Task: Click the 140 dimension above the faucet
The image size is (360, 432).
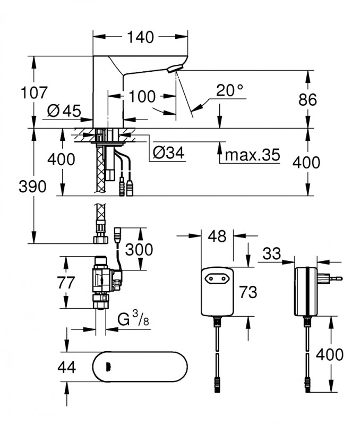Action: pyautogui.click(x=141, y=38)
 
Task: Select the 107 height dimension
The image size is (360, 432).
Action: pyautogui.click(x=35, y=93)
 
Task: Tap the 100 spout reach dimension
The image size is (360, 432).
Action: pyautogui.click(x=142, y=97)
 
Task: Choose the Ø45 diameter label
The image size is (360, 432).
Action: pyautogui.click(x=63, y=111)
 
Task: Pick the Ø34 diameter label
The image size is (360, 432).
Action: pyautogui.click(x=168, y=154)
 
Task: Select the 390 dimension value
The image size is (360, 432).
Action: pyautogui.click(x=33, y=187)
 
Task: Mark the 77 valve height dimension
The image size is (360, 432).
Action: pyautogui.click(x=66, y=283)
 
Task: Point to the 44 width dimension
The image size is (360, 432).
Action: pyautogui.click(x=66, y=367)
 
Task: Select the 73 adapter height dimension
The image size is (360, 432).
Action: pyautogui.click(x=248, y=292)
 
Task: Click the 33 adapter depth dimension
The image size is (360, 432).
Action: pyautogui.click(x=271, y=255)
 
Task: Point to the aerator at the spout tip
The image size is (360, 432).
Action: pyautogui.click(x=174, y=69)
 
